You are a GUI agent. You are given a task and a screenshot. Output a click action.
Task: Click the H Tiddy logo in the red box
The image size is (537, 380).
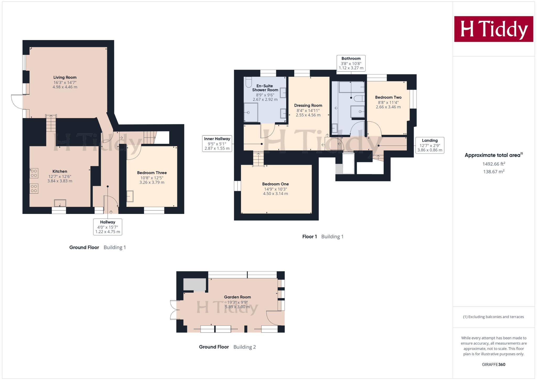pyautogui.click(x=493, y=29)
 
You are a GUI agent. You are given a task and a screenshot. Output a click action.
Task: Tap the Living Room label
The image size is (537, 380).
pyautogui.click(x=65, y=77)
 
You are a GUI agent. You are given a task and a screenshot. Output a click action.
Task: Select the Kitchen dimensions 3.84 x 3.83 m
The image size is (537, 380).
pyautogui.click(x=60, y=181)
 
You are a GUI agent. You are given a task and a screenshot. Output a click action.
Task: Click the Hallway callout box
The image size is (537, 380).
pyautogui.click(x=108, y=227)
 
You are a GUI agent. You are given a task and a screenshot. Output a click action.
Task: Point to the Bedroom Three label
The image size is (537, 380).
pyautogui.click(x=152, y=173)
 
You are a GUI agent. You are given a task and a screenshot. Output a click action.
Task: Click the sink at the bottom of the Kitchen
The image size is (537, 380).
pyautogui.click(x=60, y=203)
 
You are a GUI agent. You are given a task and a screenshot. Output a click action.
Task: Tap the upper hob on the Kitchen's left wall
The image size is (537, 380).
pyautogui.click(x=34, y=173)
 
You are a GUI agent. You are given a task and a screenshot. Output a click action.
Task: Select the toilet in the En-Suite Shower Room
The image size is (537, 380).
pyautogui.click(x=248, y=82)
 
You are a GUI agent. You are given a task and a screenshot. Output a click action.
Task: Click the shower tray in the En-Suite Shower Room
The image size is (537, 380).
pyautogui.click(x=251, y=112)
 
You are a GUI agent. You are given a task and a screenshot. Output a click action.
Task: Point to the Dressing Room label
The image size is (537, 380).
pyautogui.click(x=308, y=105)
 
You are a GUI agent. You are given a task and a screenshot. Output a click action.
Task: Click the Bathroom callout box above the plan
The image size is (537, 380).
pyautogui.click(x=351, y=63)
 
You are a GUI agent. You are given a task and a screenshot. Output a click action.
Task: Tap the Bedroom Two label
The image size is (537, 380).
pyautogui.click(x=388, y=97)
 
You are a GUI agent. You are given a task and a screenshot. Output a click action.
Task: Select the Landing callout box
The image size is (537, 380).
pyautogui.click(x=429, y=145)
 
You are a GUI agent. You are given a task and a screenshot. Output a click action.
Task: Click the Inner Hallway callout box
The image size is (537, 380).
pyautogui.click(x=217, y=144)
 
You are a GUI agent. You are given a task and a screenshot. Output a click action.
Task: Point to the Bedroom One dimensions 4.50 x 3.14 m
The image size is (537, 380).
pyautogui.click(x=275, y=194)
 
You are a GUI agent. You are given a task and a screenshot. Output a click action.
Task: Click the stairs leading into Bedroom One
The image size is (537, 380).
pyautogui.click(x=258, y=159)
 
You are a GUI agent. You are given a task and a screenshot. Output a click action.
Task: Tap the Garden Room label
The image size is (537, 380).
pyautogui.click(x=237, y=297)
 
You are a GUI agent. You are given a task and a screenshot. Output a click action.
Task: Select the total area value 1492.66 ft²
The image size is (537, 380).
pyautogui.click(x=493, y=164)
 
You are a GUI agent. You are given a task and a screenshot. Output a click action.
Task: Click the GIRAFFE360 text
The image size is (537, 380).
pyautogui.click(x=493, y=365)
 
